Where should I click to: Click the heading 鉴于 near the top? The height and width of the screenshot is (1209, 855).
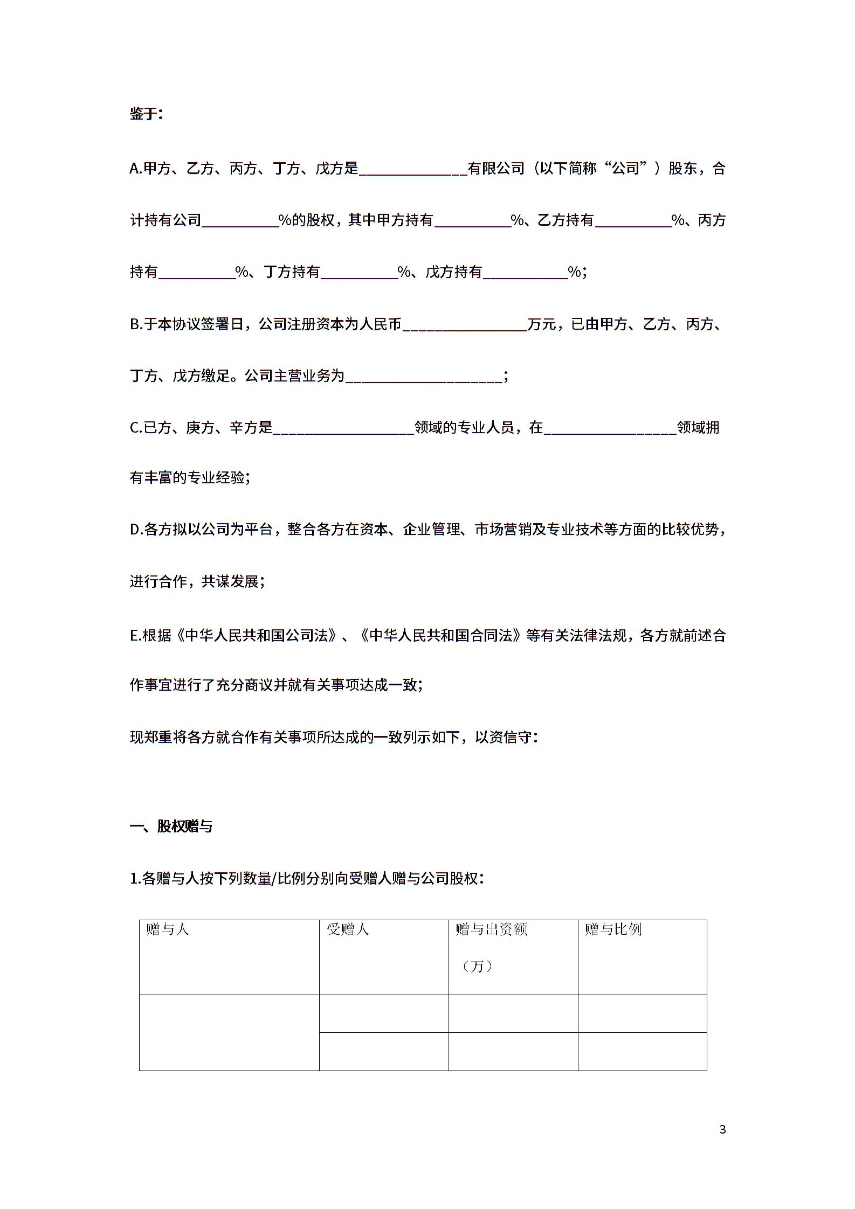coord(145,114)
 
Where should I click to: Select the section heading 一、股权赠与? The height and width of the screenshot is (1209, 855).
coord(171,826)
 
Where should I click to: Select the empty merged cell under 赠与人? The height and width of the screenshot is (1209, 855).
coord(229,1032)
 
